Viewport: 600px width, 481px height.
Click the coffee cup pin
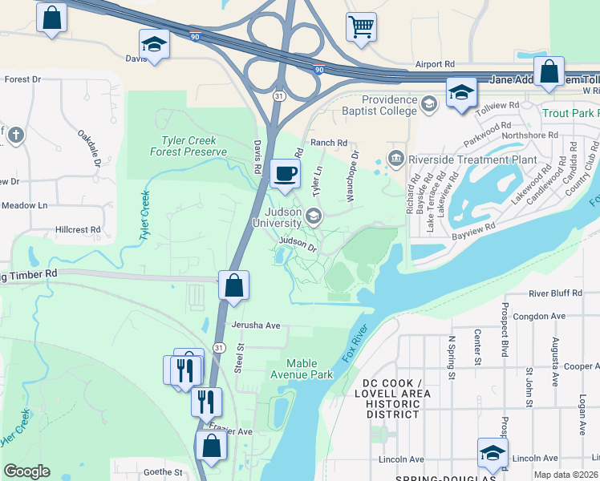[x=286, y=173]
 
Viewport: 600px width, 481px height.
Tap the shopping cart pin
[x=361, y=26]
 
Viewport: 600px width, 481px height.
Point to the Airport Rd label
[x=435, y=64]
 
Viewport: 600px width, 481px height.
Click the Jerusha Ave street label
[x=255, y=325]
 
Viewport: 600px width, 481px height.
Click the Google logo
[x=27, y=471]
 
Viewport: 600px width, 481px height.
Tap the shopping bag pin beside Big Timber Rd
[x=233, y=286]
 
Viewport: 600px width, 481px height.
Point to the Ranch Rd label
[x=330, y=143]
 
